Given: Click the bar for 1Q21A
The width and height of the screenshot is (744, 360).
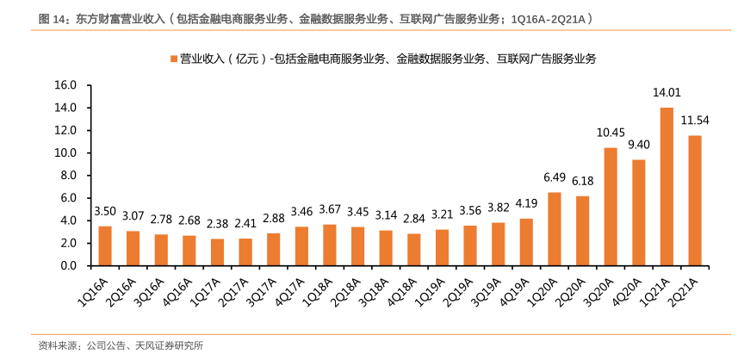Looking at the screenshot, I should tap(666, 186).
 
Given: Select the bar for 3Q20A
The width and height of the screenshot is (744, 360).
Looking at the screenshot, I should tap(611, 207).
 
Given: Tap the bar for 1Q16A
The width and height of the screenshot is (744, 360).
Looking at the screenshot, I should tap(105, 245).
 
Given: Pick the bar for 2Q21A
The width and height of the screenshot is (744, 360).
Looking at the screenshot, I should tap(694, 200).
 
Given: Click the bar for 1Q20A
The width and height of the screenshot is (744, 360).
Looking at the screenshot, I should tap(555, 229).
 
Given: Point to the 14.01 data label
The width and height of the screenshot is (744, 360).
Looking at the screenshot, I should tap(666, 93).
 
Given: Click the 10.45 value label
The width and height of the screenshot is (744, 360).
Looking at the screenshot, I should tap(611, 133).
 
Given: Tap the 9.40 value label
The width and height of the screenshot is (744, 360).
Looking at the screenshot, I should tap(638, 145).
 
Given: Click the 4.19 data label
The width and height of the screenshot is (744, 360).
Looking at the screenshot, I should tap(526, 203).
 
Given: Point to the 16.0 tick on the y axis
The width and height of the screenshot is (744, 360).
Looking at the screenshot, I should tap(65, 85).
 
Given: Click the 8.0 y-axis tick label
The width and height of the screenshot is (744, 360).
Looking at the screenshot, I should tap(69, 176).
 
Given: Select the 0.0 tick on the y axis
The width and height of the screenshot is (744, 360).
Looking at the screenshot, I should tap(69, 266).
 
